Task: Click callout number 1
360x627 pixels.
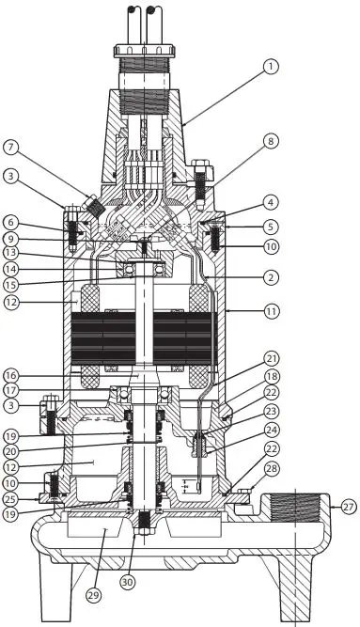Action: click(271, 67)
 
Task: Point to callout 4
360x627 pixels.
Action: click(271, 201)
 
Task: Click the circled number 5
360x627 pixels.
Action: click(271, 226)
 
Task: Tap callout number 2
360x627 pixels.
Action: click(271, 277)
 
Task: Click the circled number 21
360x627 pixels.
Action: click(272, 358)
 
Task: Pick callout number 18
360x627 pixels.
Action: click(272, 375)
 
